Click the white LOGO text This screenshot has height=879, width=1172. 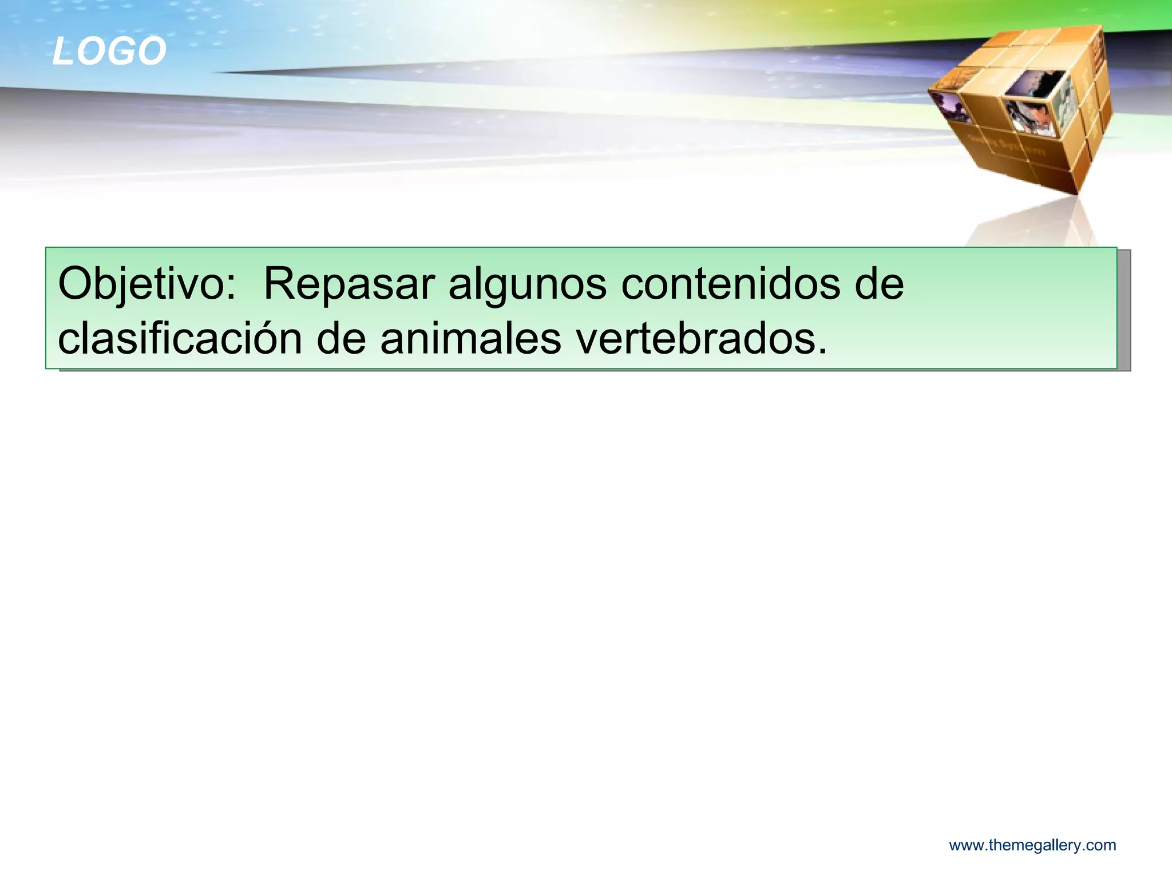[109, 51]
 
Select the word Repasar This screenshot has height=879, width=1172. [349, 284]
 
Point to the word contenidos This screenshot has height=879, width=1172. [730, 284]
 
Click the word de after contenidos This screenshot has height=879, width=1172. [879, 284]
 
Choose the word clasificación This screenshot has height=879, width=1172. [180, 338]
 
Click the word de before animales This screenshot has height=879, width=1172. [341, 338]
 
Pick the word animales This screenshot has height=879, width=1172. [470, 338]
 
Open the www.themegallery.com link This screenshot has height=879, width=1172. [1032, 845]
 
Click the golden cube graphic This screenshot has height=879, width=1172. [1024, 109]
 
